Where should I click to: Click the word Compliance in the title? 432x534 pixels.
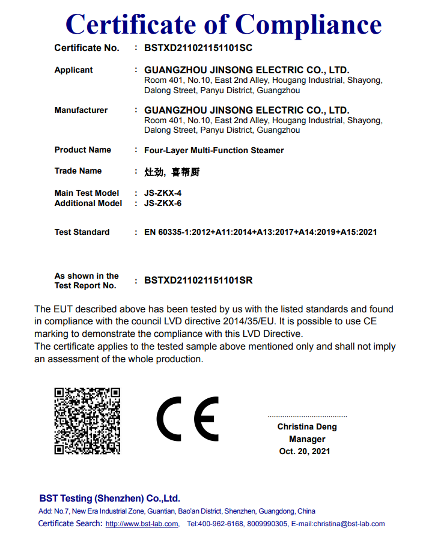(308, 25)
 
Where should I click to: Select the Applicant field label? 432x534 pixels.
(73, 70)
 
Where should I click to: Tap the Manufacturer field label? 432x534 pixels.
(81, 110)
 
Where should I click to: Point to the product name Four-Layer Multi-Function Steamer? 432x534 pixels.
(214, 150)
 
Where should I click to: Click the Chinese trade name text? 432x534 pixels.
(172, 172)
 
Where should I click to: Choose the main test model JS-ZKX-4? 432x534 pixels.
(163, 193)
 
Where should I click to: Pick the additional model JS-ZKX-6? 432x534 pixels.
(163, 203)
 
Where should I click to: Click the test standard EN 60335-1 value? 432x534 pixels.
(261, 232)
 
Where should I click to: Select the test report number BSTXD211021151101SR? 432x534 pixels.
(198, 281)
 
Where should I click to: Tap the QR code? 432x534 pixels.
(87, 420)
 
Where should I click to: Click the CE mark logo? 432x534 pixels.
(187, 419)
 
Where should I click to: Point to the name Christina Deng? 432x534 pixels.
(307, 426)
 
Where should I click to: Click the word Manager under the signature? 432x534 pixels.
(307, 439)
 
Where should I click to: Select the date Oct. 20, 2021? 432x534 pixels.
(305, 451)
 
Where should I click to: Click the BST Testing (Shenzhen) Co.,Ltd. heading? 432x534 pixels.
(109, 499)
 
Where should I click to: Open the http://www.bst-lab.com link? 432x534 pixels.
(142, 524)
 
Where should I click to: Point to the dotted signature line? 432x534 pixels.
(307, 416)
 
